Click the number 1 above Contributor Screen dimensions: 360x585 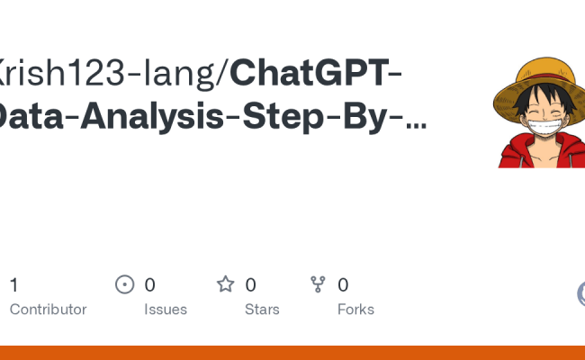tap(13, 285)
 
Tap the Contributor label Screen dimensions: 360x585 tap(48, 310)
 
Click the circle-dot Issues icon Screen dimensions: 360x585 tap(125, 285)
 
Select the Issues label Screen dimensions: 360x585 tap(166, 310)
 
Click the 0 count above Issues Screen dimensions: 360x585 tap(150, 285)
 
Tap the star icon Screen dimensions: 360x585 tap(225, 285)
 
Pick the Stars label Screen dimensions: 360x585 tap(262, 310)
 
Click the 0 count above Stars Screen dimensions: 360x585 tap(250, 285)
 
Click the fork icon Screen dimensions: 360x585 tap(318, 285)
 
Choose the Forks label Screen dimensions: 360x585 tap(355, 310)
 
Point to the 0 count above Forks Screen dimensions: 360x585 tap(343, 285)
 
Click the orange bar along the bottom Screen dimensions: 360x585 tap(292, 353)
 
